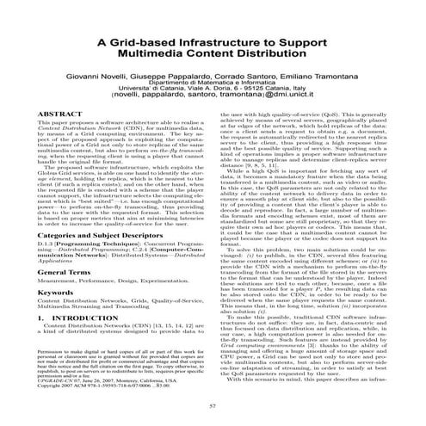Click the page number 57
[212, 405]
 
